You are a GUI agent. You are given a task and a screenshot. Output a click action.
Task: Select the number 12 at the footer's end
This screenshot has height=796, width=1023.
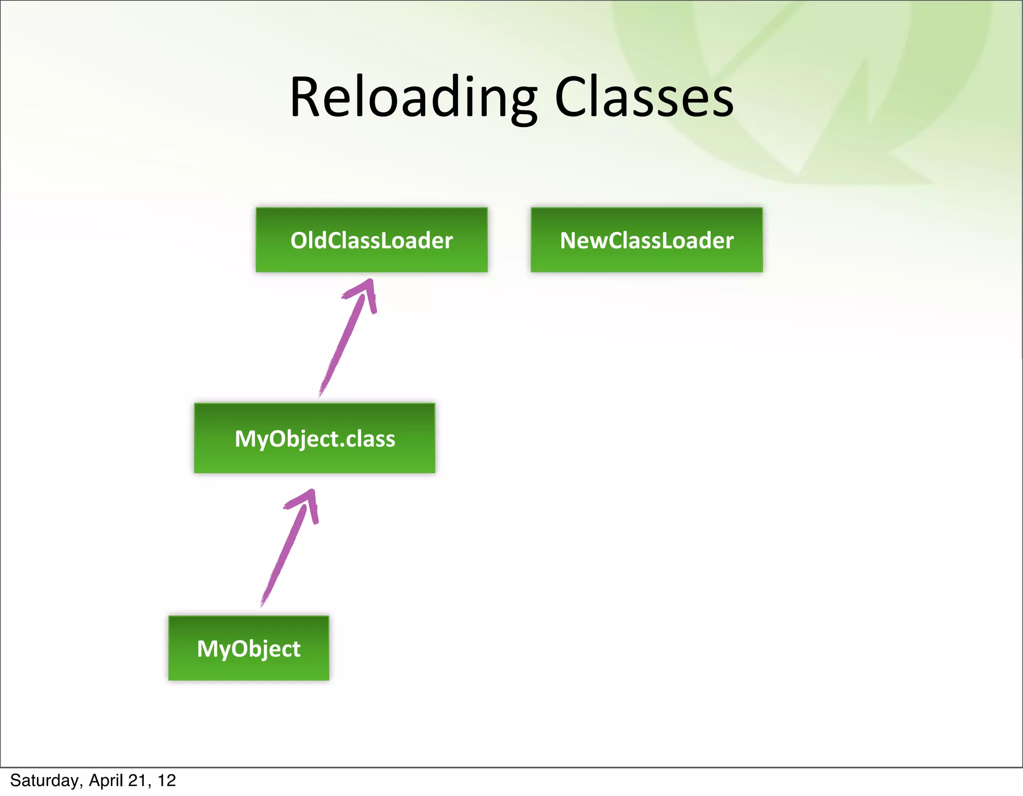[x=167, y=781]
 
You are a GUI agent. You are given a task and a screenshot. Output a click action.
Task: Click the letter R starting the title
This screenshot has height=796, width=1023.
[x=305, y=97]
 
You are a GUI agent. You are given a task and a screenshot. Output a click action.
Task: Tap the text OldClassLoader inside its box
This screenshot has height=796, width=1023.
[x=371, y=240]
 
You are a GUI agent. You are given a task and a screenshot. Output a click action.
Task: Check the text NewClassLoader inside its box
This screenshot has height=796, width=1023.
[x=646, y=240]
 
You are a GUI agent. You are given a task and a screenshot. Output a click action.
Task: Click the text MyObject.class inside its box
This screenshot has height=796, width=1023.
[x=315, y=439]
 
